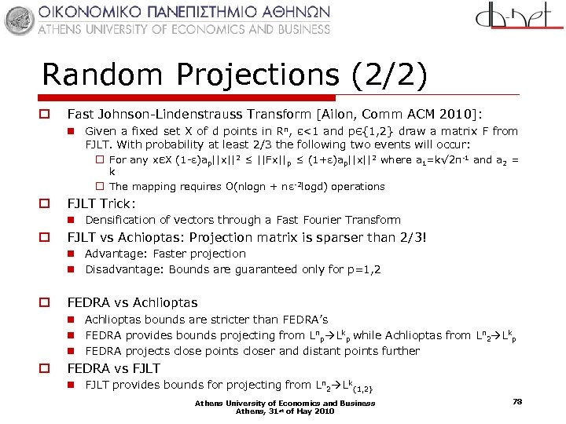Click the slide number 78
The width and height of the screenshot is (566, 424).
[517, 401]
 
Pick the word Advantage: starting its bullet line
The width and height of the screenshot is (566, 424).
[116, 254]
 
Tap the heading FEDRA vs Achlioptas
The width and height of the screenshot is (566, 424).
[132, 302]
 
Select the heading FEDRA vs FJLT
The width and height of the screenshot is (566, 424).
[113, 368]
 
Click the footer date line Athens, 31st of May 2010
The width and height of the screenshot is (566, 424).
[285, 411]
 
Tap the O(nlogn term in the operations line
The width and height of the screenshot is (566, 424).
[234, 187]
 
